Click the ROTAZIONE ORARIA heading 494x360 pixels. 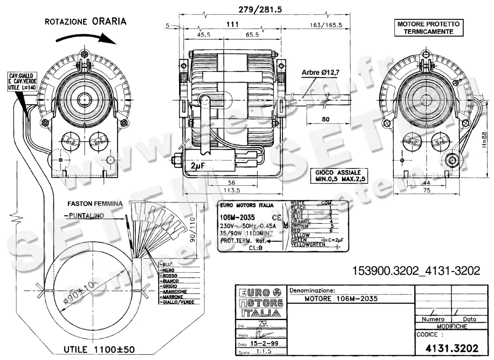(x=85, y=21)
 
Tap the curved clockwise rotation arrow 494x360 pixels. (x=86, y=38)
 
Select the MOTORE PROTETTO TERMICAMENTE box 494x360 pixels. (x=429, y=28)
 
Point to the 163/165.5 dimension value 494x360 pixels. (x=326, y=25)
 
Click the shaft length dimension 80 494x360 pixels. (x=326, y=119)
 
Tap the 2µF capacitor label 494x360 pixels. (x=198, y=166)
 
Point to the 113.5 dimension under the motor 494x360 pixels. (x=231, y=190)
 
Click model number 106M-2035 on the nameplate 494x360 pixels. (x=237, y=217)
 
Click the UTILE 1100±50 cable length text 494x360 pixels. (x=99, y=349)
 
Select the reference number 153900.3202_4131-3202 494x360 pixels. (x=416, y=271)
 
